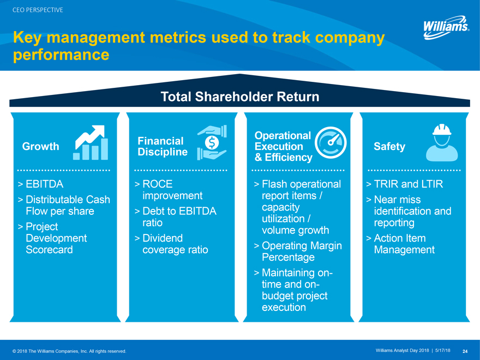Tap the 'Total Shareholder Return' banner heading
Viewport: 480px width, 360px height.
[240, 97]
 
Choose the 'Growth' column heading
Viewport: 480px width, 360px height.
[40, 146]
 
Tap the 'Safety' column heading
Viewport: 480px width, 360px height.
[389, 146]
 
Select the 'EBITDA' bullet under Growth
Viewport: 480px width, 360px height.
[44, 184]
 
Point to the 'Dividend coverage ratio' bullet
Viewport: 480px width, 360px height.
[175, 244]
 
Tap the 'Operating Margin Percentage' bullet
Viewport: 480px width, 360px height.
[301, 251]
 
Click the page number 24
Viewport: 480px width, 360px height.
[465, 351]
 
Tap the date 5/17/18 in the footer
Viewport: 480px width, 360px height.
[443, 350]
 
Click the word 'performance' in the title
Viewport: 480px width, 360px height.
[61, 55]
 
